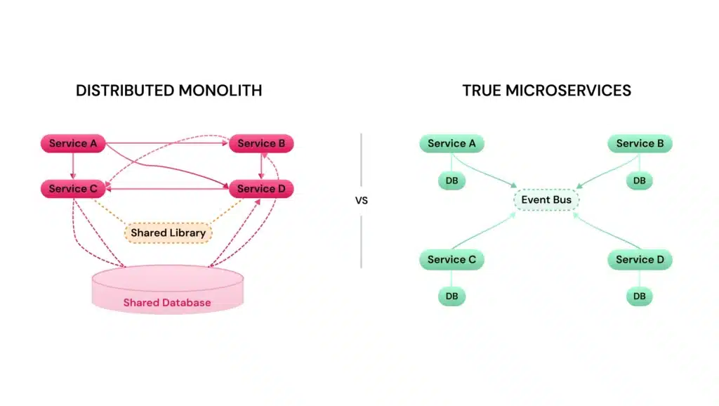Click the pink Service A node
coord(73,144)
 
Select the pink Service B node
coord(261,144)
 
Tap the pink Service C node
coord(73,189)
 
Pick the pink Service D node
coord(261,189)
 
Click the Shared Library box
coord(169,233)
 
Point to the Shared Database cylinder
coord(167,292)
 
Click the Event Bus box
coord(546,200)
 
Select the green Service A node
coord(451,144)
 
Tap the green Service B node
coord(640,144)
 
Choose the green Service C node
coord(451,260)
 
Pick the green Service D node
coord(640,260)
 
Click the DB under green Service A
coord(451,181)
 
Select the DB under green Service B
coord(639,181)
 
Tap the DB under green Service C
coord(451,296)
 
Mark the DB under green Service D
coord(639,296)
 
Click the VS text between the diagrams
coord(361,200)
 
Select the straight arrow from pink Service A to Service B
coord(169,143)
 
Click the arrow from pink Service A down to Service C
coord(73,166)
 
